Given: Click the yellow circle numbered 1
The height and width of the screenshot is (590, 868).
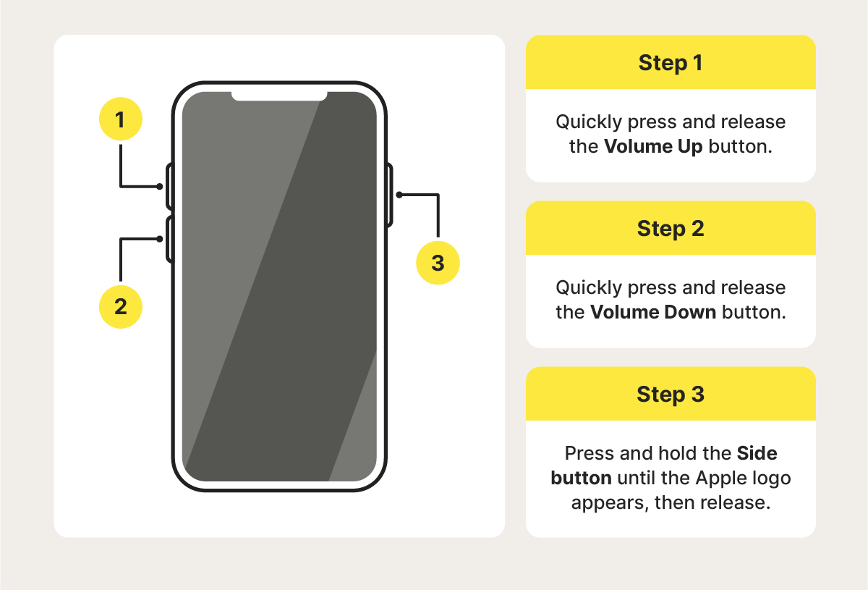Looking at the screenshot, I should [120, 119].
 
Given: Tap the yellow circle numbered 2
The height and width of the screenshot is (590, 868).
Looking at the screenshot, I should [120, 306].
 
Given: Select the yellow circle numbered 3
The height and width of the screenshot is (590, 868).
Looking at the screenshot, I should [438, 263].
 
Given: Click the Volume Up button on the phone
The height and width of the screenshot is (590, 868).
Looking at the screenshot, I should [169, 187].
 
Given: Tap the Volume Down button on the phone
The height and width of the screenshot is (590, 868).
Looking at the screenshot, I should [169, 239].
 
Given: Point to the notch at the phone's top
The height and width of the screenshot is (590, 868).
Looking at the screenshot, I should [279, 95].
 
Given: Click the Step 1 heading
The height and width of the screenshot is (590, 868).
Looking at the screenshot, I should [671, 63].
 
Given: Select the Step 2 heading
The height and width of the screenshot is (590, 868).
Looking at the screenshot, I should [671, 229].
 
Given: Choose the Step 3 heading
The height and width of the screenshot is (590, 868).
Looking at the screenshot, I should [671, 395].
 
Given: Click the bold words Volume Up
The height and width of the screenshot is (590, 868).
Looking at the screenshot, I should [653, 146].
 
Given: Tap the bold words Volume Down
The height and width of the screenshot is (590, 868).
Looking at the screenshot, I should [653, 313].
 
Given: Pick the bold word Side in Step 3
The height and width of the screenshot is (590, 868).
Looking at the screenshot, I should [757, 454].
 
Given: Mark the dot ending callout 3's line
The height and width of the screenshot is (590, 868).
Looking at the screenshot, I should [399, 194].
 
